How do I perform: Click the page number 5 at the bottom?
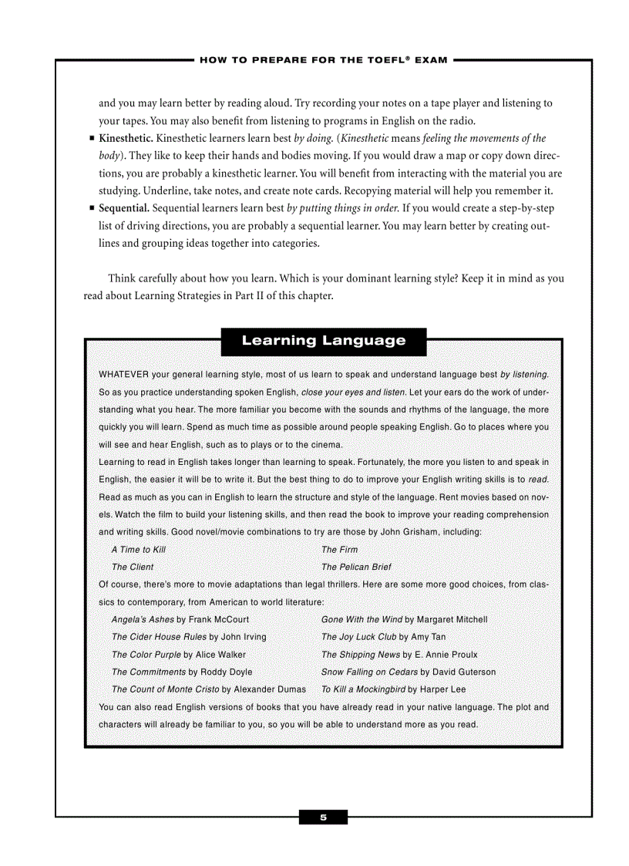(323, 817)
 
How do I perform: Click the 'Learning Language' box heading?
(323, 341)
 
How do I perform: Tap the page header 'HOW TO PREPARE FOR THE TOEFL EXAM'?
(323, 60)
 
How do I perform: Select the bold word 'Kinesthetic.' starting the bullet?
(126, 139)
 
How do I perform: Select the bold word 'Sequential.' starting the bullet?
(123, 208)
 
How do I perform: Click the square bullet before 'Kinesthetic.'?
(92, 139)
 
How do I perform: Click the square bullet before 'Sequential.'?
(92, 208)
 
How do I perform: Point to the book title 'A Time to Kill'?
(139, 550)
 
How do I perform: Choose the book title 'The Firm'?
(339, 550)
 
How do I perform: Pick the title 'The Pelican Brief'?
(356, 567)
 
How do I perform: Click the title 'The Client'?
(133, 567)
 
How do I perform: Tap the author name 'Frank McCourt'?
(218, 619)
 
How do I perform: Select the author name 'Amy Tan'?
(429, 637)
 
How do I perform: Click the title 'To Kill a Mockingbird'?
(363, 689)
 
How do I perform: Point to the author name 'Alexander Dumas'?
(269, 689)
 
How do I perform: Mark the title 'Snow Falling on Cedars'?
(369, 672)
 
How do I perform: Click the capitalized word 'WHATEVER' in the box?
(124, 375)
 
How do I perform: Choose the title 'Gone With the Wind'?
(362, 619)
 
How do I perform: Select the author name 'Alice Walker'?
(220, 655)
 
